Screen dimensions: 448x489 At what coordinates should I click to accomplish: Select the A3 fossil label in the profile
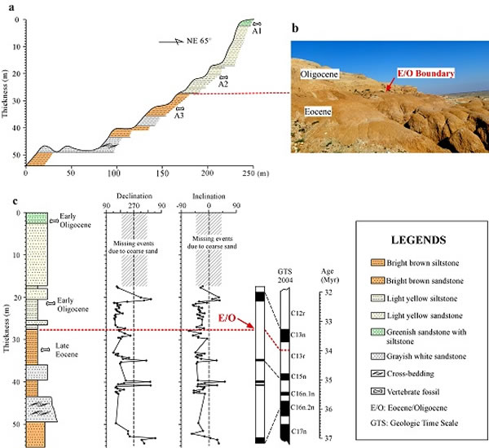180,115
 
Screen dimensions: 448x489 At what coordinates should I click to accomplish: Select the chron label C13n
297,335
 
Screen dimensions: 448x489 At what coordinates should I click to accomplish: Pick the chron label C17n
297,430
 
